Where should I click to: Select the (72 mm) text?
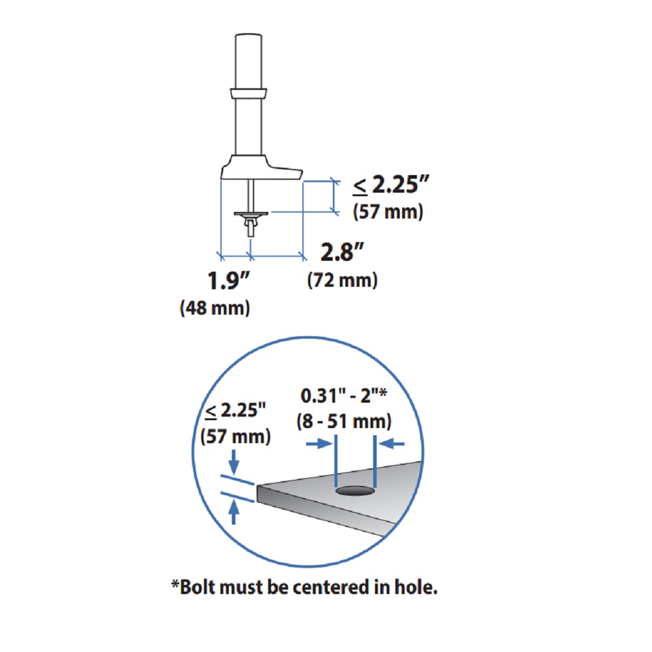tap(342, 280)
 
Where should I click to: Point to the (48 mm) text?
tap(214, 308)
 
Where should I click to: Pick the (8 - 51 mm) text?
tap(344, 421)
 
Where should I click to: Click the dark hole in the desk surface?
tap(355, 491)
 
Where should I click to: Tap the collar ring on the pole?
tap(249, 93)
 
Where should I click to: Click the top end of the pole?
tap(249, 34)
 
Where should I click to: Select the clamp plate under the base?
tap(251, 214)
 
